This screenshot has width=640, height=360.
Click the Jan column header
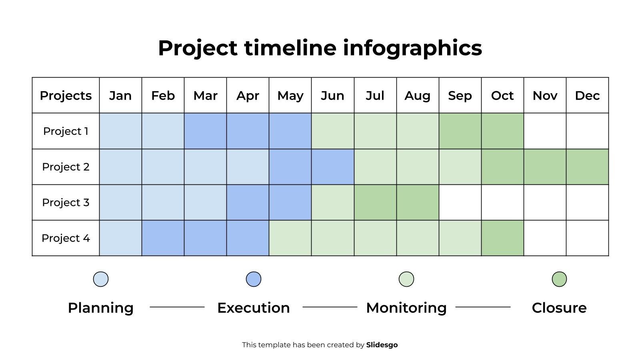[x=120, y=96]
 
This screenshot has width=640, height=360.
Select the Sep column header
[x=460, y=96]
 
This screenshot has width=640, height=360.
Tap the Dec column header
[x=587, y=96]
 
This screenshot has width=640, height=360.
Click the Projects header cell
[x=66, y=96]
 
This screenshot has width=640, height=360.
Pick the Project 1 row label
[x=66, y=131]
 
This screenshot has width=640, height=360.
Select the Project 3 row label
[x=66, y=202]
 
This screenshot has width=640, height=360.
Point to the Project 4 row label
[x=66, y=238]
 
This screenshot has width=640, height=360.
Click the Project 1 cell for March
[x=205, y=131]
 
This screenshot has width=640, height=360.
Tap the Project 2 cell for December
[x=587, y=167]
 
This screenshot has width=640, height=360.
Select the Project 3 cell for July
[x=375, y=202]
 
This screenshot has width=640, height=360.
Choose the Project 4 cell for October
[x=502, y=238]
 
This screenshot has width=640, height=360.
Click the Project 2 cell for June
[x=333, y=167]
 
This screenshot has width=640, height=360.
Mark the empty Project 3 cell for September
[x=460, y=202]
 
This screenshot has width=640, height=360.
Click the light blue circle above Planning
[x=101, y=279]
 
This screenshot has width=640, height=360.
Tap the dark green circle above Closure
[x=559, y=279]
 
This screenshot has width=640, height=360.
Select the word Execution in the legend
[x=254, y=308]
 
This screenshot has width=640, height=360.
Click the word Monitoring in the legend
[x=406, y=308]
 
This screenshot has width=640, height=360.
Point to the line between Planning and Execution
[x=177, y=307]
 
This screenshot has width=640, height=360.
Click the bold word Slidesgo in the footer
[x=382, y=345]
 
